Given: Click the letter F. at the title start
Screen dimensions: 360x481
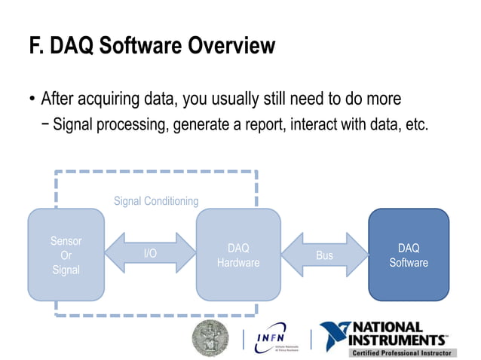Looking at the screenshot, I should [37, 47].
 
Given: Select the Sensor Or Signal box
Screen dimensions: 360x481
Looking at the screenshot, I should [66, 255].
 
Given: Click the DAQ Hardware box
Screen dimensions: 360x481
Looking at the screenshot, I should [238, 255].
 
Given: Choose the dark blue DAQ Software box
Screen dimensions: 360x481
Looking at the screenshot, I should [409, 255].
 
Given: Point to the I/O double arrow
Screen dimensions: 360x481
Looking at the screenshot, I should [150, 254].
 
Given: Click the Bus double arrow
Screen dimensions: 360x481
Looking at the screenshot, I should [324, 255].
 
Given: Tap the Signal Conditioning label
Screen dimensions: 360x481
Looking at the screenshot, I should [156, 201].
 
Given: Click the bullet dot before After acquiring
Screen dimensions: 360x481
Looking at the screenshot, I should [32, 99].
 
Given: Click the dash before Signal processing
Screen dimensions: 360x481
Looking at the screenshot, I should [47, 124].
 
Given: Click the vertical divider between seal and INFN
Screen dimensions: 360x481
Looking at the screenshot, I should [243, 338].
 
